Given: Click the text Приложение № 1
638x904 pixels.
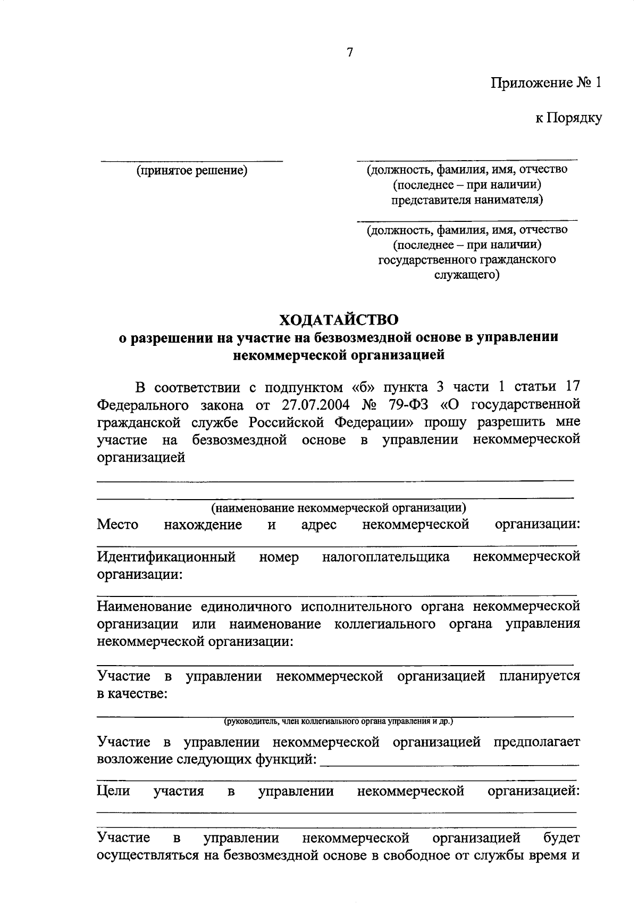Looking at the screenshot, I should [546, 84].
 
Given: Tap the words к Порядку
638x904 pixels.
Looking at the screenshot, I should [568, 118].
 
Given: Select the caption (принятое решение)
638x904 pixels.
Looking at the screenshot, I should [192, 170].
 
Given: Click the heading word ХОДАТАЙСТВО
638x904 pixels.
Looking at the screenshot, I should [339, 320].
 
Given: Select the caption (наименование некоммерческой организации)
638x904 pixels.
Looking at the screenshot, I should [339, 507].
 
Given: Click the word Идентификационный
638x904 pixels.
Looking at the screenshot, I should [166, 557].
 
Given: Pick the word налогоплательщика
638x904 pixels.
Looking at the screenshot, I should [385, 557].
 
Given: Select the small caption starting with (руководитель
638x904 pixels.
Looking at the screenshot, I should [338, 721].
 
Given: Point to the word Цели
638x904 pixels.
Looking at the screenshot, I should [113, 791].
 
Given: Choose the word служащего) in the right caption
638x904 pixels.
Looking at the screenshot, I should [467, 275].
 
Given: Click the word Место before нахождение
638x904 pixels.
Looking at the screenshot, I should [117, 525].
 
